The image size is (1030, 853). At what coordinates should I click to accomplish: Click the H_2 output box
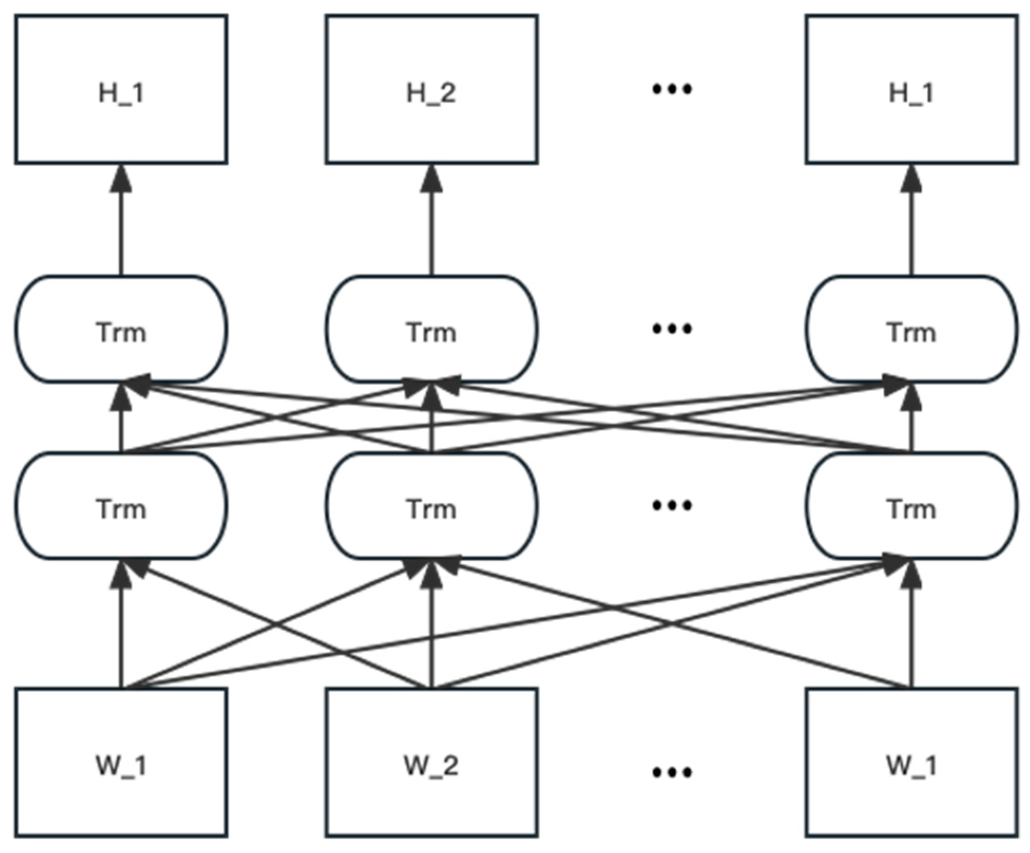coord(431,90)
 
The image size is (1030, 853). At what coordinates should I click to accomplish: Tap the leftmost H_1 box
coord(121,90)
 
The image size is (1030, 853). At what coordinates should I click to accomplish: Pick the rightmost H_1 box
coord(911,90)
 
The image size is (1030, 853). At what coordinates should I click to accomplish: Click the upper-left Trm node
coord(121,329)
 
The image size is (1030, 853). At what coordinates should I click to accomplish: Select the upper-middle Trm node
coord(431,329)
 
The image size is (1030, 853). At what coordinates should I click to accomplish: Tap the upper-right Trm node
coord(911,329)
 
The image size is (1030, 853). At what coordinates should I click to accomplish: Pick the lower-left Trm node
coord(121,506)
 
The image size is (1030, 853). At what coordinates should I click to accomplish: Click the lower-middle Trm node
coord(431,506)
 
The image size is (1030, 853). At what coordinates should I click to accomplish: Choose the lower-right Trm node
coord(911,506)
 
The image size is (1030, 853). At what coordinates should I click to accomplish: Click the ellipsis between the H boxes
coord(672,89)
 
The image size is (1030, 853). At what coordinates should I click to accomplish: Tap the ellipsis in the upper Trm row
coord(672,329)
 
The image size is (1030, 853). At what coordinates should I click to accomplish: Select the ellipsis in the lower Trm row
coord(672,505)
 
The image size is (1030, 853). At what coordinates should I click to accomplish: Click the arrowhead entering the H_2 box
coord(431,178)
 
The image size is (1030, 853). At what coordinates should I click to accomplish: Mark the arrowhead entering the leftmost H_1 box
coord(121,178)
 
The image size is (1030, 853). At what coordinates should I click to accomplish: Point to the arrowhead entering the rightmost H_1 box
coord(911,178)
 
